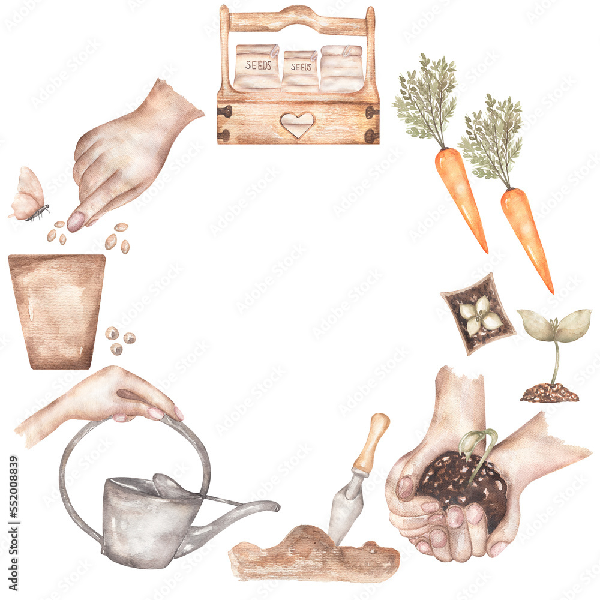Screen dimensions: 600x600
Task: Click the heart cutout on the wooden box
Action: (x=297, y=124)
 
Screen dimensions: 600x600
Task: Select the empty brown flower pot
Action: (x=57, y=309)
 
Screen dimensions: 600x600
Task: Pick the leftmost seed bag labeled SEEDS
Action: (x=257, y=67)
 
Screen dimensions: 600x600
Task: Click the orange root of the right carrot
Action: (x=526, y=234)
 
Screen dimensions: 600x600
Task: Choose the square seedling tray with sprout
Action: (x=478, y=314)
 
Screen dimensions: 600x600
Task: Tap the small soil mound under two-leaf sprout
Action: (x=549, y=393)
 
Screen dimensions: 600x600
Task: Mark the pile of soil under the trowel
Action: (x=312, y=555)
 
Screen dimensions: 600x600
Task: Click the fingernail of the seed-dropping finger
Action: (x=76, y=221)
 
